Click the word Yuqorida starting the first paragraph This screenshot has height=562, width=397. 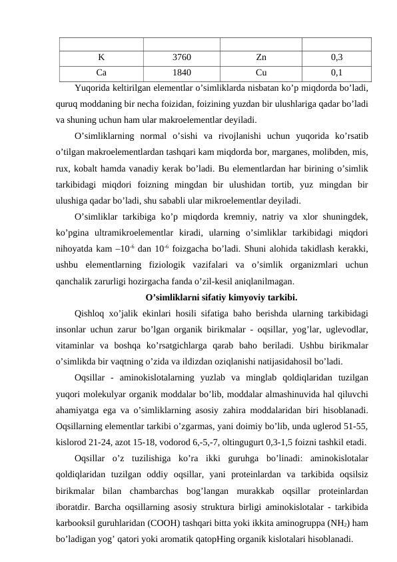(93, 87)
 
